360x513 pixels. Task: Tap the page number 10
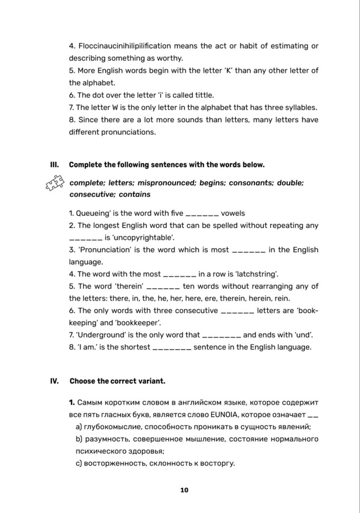point(184,490)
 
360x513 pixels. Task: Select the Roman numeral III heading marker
point(53,164)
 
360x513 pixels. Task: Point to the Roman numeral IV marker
point(54,381)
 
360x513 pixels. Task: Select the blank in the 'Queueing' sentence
point(203,213)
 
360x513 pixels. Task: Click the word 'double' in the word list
point(289,182)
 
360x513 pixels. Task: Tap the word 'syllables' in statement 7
point(300,107)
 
